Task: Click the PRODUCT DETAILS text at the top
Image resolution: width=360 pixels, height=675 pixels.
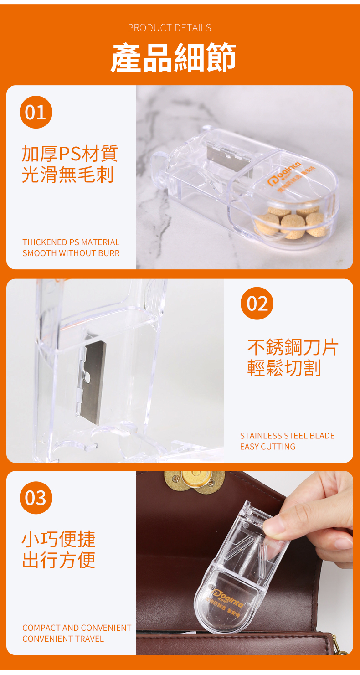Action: [x=169, y=28]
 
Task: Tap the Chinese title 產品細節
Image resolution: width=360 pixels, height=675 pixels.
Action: [x=173, y=58]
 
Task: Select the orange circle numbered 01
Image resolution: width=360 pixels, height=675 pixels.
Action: [x=36, y=112]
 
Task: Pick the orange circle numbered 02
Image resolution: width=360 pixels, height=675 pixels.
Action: [x=257, y=304]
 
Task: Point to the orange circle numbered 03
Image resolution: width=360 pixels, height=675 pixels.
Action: [x=36, y=498]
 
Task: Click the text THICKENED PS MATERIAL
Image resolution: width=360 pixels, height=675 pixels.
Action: [x=71, y=242]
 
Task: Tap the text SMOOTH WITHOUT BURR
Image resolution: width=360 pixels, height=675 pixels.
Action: [x=71, y=253]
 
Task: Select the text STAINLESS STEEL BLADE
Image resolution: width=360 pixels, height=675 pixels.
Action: [x=287, y=436]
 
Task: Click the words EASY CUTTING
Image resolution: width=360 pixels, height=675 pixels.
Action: [x=267, y=447]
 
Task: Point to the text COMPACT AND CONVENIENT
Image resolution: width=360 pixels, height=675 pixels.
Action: [x=77, y=628]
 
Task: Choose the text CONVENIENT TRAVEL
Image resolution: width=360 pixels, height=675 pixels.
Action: [x=63, y=639]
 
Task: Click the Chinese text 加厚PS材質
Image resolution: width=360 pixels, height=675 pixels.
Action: [x=70, y=154]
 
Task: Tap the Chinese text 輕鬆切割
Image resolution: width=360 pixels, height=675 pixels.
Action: [x=284, y=368]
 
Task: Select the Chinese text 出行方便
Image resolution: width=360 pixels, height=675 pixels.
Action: [x=59, y=560]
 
